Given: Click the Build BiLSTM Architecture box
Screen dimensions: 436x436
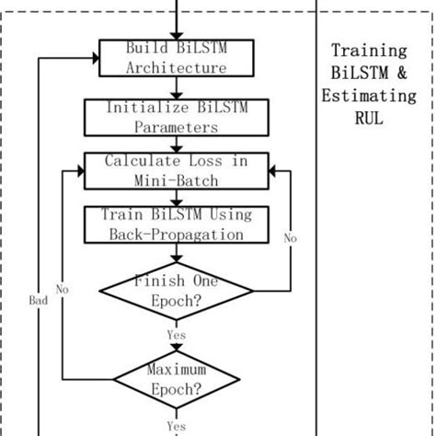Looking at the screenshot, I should [175, 57].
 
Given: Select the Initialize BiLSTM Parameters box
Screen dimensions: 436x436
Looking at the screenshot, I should [175, 117].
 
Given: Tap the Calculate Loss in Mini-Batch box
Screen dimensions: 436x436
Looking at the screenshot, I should [175, 170].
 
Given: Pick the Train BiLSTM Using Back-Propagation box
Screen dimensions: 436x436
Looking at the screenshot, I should [175, 224].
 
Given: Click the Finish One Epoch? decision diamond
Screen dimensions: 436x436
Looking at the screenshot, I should [176, 292].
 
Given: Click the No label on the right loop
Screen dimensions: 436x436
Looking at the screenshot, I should [290, 238].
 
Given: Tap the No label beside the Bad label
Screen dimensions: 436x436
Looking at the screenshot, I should [62, 289].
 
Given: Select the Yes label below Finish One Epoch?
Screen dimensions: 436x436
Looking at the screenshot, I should [176, 335].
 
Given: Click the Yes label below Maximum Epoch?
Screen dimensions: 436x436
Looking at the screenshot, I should [176, 425].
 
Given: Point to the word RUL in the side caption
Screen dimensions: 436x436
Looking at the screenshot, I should [369, 118].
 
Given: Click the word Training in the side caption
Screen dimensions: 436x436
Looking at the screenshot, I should [368, 50].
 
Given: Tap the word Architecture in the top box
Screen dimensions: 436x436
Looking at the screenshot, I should [175, 68].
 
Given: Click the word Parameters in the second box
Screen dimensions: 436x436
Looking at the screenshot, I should [175, 128].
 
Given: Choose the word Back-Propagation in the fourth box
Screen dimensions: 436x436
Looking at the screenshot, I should [175, 235].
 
